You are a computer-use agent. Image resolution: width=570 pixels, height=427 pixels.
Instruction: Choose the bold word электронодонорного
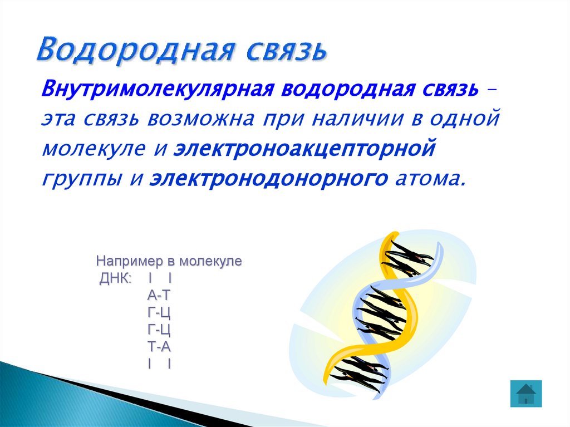point(268,179)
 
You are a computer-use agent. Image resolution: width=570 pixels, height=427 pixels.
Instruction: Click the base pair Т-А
point(159,347)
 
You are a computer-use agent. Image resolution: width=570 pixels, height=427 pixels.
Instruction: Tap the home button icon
point(525,394)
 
